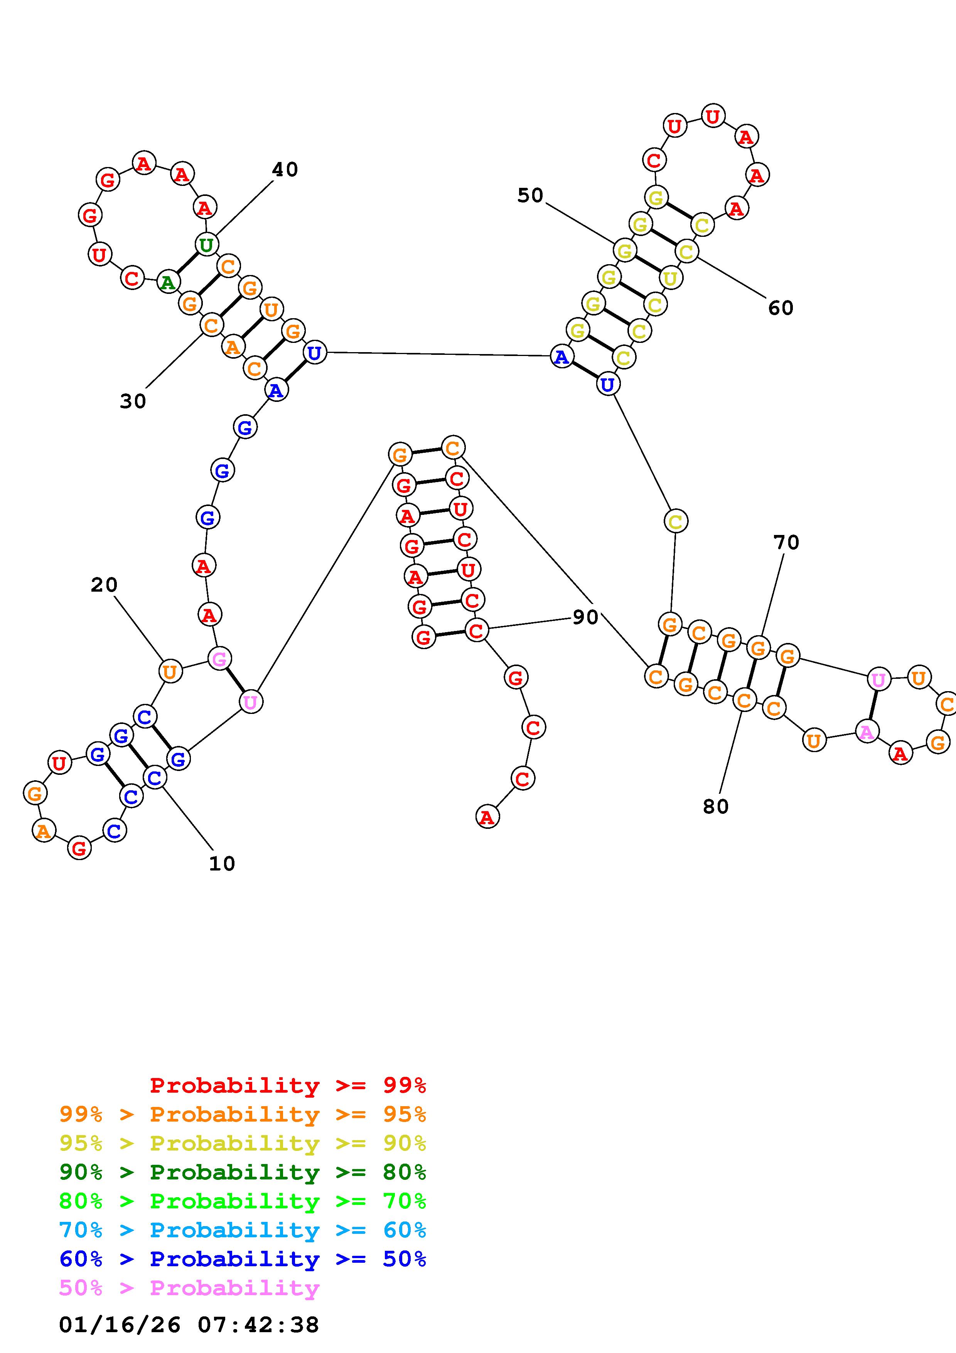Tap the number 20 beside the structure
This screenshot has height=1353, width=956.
(x=104, y=585)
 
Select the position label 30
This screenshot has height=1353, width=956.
(x=133, y=401)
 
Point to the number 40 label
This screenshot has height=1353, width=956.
(x=285, y=170)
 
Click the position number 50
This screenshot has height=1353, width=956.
(x=530, y=195)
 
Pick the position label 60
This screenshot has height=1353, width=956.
(x=781, y=308)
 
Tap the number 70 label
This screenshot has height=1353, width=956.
(x=786, y=542)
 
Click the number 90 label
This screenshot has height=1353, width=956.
(x=585, y=617)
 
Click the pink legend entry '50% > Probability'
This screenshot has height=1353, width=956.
(x=189, y=1287)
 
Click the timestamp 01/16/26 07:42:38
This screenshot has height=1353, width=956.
(x=189, y=1325)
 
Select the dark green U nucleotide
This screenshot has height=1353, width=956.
(x=206, y=244)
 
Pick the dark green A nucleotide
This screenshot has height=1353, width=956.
(x=168, y=283)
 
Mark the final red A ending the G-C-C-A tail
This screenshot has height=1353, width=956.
(x=487, y=817)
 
